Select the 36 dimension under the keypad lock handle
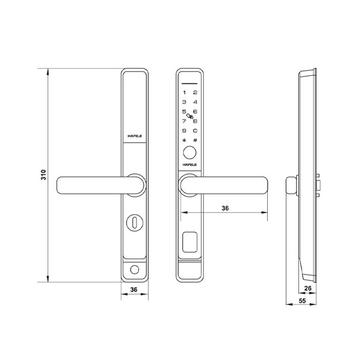[x=225, y=208]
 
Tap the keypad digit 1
[x=184, y=92]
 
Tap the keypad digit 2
[x=195, y=92]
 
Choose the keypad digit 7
[x=184, y=121]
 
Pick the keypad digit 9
[x=184, y=131]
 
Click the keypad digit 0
[x=195, y=131]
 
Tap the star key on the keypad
[x=184, y=140]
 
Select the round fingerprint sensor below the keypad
[x=190, y=152]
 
